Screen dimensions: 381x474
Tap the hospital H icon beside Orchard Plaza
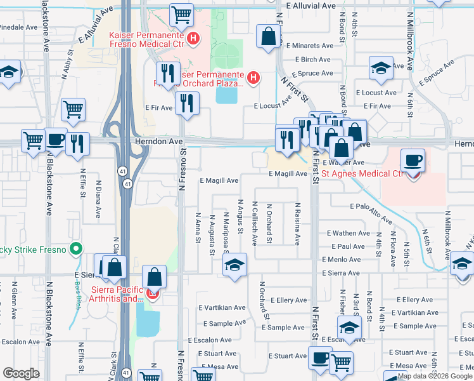pos(253,78)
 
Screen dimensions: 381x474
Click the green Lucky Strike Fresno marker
pos(77,249)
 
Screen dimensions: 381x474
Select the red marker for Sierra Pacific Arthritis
pos(152,294)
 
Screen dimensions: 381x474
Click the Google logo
pos(21,373)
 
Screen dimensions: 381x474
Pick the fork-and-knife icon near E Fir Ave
pos(186,104)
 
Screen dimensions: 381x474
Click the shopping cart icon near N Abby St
pos(74,109)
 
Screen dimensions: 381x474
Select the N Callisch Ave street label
pos(254,224)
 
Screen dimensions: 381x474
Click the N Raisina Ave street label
pos(297,224)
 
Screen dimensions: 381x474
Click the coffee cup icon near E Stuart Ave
pos(320,358)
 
